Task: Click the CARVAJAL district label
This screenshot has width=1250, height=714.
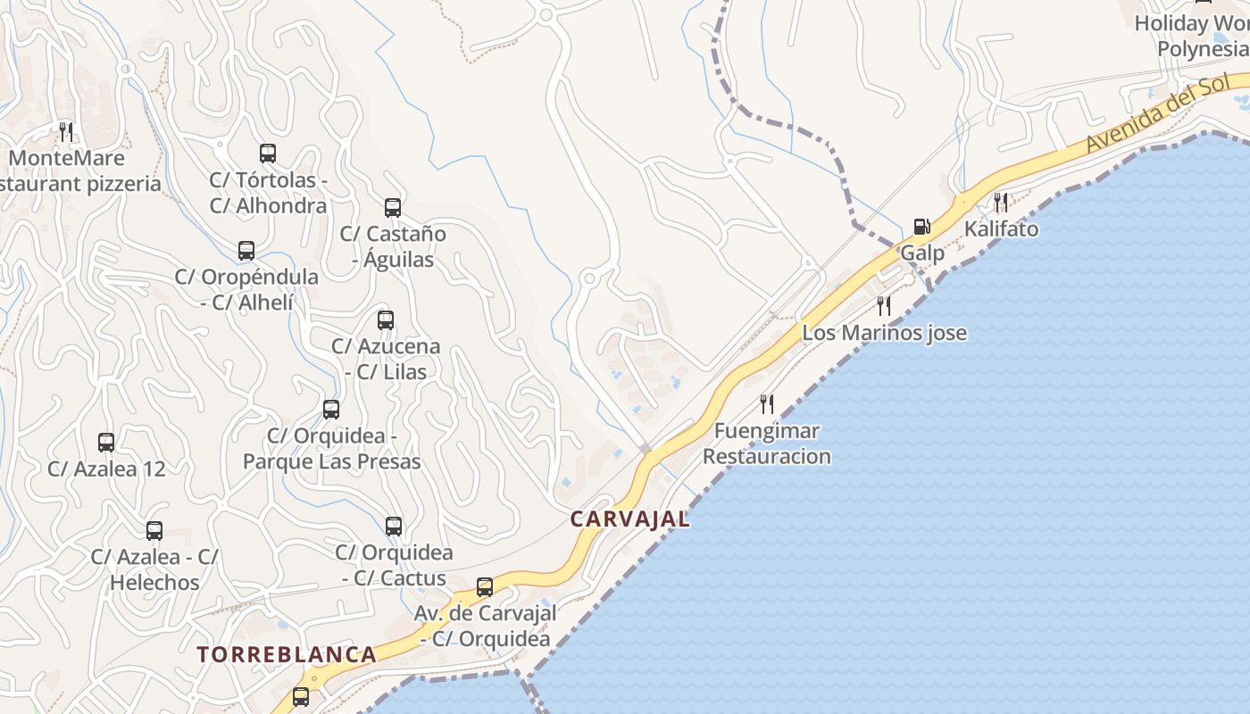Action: point(630,519)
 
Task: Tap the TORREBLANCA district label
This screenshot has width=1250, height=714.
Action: point(287,654)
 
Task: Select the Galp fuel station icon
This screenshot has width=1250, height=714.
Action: point(921,227)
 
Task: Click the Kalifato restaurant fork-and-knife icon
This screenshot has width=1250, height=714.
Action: point(1001,203)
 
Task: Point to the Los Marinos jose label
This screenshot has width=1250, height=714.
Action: point(884,333)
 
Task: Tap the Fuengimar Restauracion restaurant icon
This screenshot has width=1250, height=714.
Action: point(767,403)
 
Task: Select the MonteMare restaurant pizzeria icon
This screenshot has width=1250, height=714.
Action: point(66,132)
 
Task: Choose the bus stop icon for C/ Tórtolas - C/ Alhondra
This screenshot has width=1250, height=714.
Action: point(268,154)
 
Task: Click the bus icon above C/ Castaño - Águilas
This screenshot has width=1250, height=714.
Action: point(393,208)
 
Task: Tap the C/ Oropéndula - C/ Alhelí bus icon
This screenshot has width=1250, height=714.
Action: point(246,251)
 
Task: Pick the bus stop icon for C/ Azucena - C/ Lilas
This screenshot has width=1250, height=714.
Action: point(386,320)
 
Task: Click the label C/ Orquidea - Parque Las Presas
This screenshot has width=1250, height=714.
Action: point(331,449)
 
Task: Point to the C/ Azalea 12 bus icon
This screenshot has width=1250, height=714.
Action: point(106,443)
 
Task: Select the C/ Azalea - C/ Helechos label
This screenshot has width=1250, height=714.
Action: point(154,569)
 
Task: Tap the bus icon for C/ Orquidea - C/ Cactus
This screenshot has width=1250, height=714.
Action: point(394,527)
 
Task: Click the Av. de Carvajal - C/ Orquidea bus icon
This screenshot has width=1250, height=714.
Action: point(485,587)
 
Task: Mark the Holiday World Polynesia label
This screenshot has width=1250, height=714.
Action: point(1196,36)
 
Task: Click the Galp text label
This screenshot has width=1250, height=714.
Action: point(921,253)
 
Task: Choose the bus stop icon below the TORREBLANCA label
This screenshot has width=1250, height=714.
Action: point(301,697)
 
